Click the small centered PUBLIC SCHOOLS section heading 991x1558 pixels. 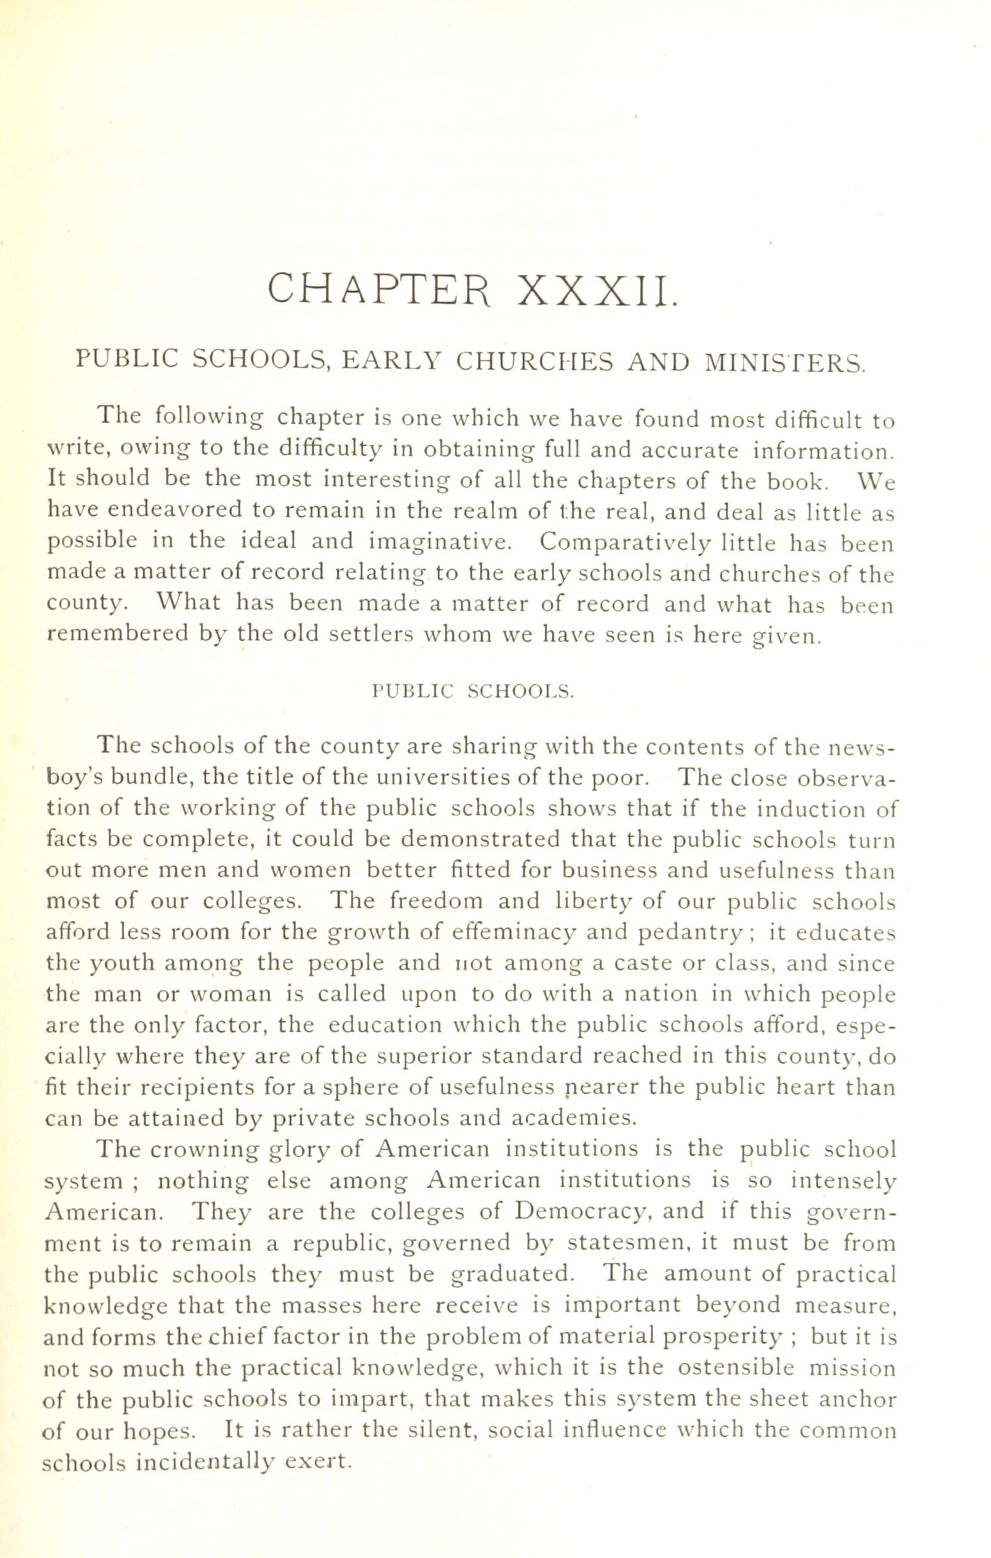(473, 691)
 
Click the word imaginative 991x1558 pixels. (440, 542)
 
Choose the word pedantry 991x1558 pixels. (689, 933)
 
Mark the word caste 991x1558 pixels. (640, 964)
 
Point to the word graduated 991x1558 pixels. (511, 1274)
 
